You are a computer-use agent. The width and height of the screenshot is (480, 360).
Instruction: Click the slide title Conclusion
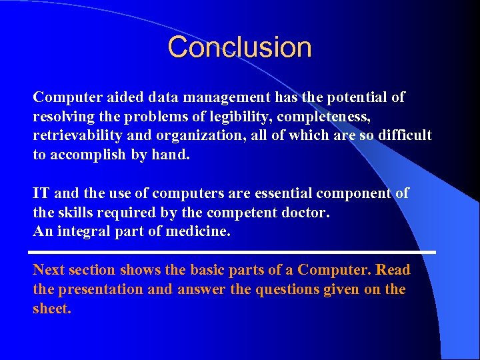pyautogui.click(x=239, y=47)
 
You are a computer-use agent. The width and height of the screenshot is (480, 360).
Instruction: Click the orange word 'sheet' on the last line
pyautogui.click(x=51, y=309)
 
